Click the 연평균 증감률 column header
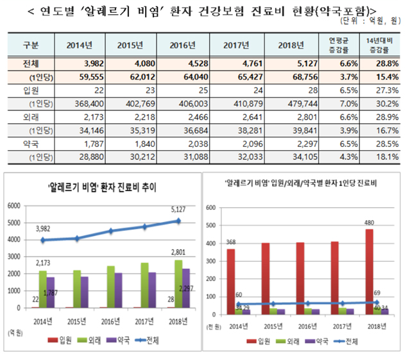coord(346,45)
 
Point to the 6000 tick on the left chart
coord(15,206)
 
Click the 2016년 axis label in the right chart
coord(304,325)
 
